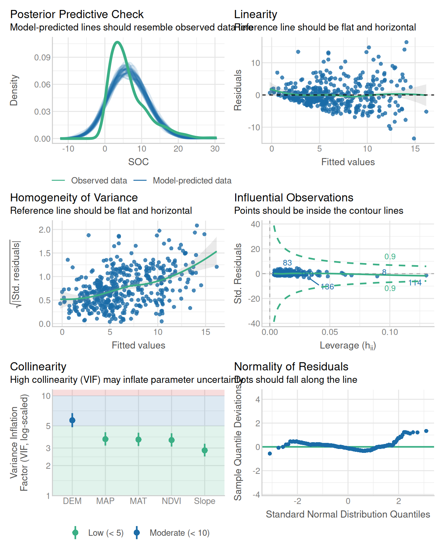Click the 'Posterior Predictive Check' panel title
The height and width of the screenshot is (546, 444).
coord(76,14)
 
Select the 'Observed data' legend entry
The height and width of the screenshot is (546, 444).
coord(99,181)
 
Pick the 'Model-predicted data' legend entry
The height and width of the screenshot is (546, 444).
coord(192,181)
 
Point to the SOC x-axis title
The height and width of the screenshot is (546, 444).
coord(138,162)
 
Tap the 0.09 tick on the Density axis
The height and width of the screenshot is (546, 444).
coord(42,58)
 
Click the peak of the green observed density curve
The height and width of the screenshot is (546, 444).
coord(117,42)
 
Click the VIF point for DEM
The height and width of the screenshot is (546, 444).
coord(72,420)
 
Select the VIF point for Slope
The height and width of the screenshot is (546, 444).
coord(205,450)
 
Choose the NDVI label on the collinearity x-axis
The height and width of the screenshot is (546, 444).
coord(171,501)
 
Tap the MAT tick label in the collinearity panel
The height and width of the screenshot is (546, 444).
coord(138,501)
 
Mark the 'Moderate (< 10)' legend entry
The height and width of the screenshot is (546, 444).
coord(179,533)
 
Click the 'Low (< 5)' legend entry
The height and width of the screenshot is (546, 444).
coord(106,533)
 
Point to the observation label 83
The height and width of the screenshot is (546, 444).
coord(287,263)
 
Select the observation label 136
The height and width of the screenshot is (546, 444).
coord(327,287)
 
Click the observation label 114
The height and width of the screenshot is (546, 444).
coord(415,283)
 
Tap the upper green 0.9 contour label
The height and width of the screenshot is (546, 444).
coord(390,257)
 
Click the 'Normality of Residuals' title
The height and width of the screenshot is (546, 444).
coord(291,366)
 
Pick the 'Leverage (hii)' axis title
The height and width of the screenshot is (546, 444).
coord(348,346)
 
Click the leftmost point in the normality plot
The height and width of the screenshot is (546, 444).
coord(270,453)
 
